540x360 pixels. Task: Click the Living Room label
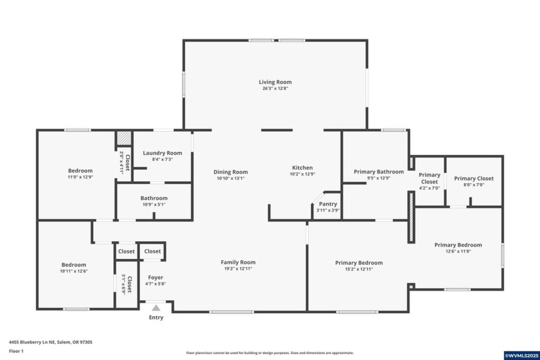275,82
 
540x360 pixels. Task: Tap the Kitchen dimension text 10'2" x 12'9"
302,174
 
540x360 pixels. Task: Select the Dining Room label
231,172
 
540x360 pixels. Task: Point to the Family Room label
238,262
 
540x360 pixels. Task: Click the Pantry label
328,204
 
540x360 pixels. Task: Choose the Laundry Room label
162,153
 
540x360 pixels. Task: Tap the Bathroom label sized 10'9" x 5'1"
154,198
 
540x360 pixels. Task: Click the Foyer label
156,277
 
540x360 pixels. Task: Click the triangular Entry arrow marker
156,308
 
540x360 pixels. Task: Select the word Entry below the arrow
156,318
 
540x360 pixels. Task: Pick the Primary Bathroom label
379,172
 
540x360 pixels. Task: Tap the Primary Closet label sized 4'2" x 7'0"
429,178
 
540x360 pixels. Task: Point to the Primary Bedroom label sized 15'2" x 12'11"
359,263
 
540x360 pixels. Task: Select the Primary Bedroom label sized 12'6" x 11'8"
458,245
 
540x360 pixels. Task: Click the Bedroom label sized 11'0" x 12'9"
80,171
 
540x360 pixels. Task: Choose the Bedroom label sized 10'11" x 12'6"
73,265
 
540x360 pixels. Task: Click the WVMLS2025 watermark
521,355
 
